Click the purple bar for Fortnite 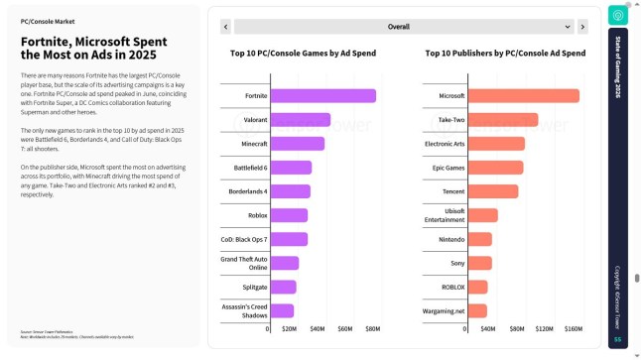322,96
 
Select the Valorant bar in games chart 300,120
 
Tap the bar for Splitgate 283,287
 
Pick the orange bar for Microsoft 523,96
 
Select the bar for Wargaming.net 477,310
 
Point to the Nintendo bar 479,239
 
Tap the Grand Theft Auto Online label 244,263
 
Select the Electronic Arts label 444,144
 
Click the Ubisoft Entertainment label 445,215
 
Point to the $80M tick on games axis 373,328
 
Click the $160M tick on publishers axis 574,328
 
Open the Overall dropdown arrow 569,27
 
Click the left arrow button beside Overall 225,27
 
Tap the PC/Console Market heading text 48,20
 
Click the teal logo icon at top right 617,15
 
